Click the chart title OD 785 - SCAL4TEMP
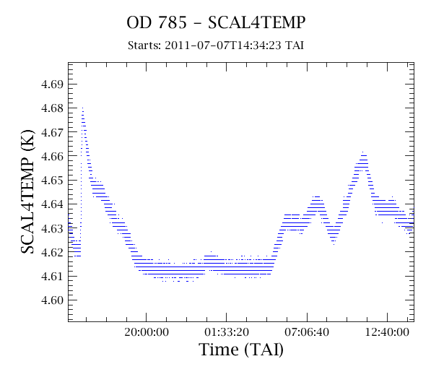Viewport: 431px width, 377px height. click(x=216, y=22)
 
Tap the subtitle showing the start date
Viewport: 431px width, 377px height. click(x=216, y=45)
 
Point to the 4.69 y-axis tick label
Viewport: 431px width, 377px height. click(x=52, y=84)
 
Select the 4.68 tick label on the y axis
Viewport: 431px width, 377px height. click(x=52, y=108)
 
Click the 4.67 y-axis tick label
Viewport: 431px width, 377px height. click(x=52, y=132)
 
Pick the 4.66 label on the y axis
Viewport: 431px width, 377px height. click(x=52, y=156)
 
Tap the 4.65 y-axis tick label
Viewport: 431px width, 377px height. click(x=52, y=181)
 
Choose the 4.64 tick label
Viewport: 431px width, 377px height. click(x=52, y=204)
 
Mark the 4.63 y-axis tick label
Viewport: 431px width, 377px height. click(x=52, y=228)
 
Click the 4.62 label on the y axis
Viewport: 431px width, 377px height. click(x=52, y=252)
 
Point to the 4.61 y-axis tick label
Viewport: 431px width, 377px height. click(x=52, y=276)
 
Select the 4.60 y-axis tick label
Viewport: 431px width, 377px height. click(x=52, y=300)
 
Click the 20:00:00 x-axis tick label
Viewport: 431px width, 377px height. click(x=147, y=332)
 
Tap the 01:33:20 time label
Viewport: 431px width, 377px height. click(x=227, y=332)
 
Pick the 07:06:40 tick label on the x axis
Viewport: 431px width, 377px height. click(x=307, y=332)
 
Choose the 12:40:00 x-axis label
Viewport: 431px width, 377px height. click(x=387, y=332)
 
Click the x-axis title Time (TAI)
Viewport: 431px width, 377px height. click(x=241, y=350)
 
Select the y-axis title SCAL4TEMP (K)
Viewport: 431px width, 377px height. click(x=27, y=191)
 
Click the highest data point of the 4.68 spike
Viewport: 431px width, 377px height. click(x=82, y=108)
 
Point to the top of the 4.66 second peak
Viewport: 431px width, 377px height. click(x=363, y=152)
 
